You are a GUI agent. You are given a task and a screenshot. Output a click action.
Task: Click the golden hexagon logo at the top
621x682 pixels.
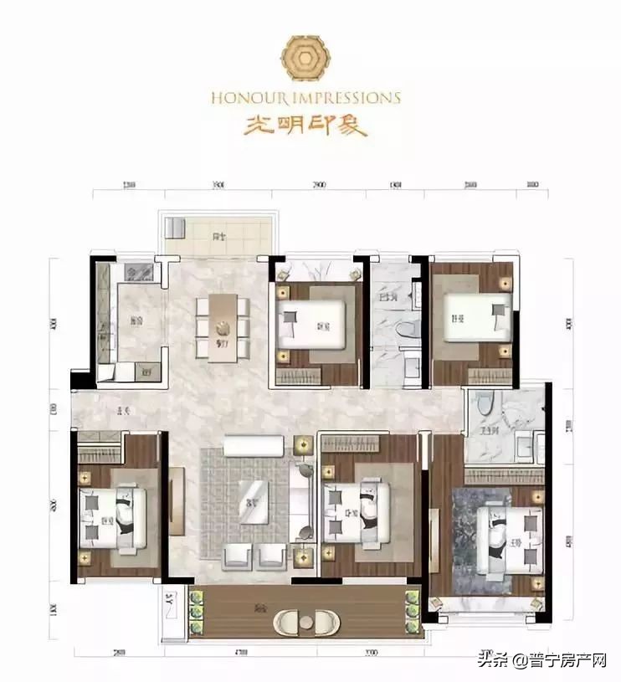[305, 58]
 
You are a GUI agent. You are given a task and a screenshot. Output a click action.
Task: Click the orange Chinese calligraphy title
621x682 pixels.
[305, 125]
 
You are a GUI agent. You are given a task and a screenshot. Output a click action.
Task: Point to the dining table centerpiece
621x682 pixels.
[223, 329]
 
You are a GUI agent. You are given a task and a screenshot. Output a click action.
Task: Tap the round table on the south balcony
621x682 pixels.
[304, 624]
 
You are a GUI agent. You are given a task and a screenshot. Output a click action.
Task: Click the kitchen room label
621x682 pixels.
[136, 319]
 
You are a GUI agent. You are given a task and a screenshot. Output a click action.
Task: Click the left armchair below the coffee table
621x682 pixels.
[237, 554]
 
